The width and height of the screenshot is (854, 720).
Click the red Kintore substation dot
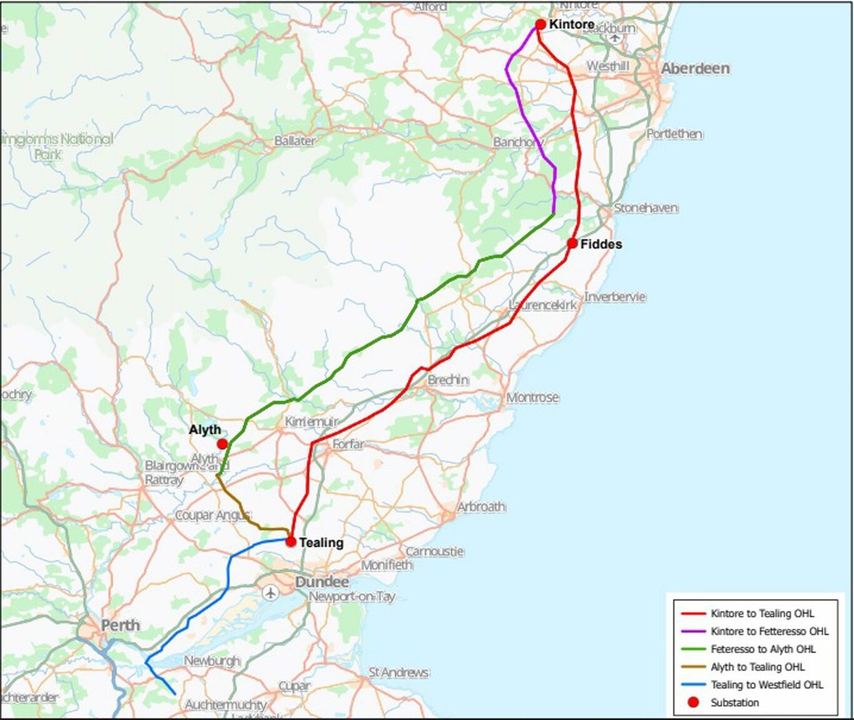pos(540,24)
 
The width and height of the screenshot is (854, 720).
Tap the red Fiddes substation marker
pos(572,243)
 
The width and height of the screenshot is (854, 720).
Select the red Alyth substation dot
pos(222,444)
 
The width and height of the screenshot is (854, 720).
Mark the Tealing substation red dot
pos(291,542)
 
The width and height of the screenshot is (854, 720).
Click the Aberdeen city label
pos(695,68)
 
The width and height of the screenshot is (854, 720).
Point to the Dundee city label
pos(322,582)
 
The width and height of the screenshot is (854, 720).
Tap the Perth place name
pos(121,625)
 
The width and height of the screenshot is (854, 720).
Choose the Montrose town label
pos(532,397)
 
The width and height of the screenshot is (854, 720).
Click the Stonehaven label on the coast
pos(645,207)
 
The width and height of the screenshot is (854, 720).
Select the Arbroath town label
pos(481,507)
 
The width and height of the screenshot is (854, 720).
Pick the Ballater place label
pos(294,141)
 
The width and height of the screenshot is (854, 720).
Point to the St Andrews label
pos(398,672)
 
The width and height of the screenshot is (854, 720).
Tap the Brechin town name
pos(448,380)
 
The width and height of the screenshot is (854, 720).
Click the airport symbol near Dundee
pos(270,592)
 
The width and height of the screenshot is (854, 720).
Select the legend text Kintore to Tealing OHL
pos(762,614)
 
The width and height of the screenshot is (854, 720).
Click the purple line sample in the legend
pos(693,632)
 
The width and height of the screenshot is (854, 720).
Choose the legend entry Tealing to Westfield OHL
pos(766,685)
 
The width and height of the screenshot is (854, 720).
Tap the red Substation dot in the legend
pos(693,702)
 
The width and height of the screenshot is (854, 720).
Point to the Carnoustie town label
pos(435,551)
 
